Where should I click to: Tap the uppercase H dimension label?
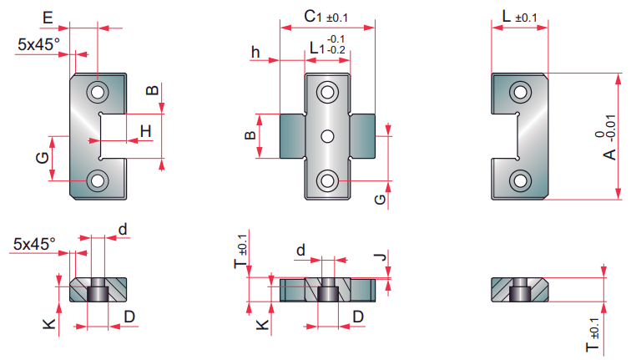(146, 130)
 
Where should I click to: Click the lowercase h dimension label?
(255, 53)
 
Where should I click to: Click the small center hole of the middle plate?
(328, 135)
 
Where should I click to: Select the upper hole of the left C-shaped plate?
(98, 91)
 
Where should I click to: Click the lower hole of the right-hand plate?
(521, 180)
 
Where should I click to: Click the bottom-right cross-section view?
(519, 290)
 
